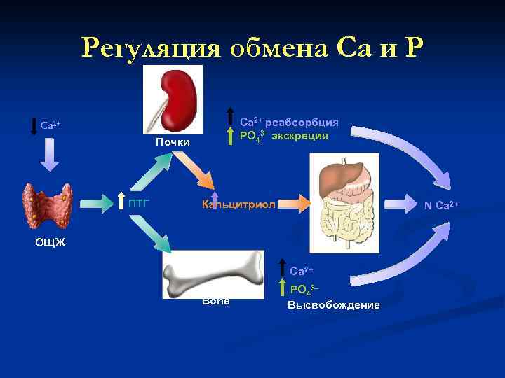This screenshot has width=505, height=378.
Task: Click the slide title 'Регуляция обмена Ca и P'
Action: click(252, 48)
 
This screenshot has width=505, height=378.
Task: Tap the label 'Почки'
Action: click(173, 143)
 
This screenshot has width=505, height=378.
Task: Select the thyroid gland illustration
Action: click(48, 206)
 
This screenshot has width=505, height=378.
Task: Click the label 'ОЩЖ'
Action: click(50, 243)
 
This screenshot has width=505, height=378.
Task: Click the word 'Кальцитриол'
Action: click(238, 204)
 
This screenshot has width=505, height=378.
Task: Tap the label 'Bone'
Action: click(215, 300)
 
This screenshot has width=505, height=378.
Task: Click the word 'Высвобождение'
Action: click(333, 305)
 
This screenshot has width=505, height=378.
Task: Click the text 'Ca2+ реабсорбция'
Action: click(289, 122)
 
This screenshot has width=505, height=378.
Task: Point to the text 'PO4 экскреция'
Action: click(283, 136)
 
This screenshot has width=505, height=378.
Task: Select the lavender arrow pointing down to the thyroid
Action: click(48, 155)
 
